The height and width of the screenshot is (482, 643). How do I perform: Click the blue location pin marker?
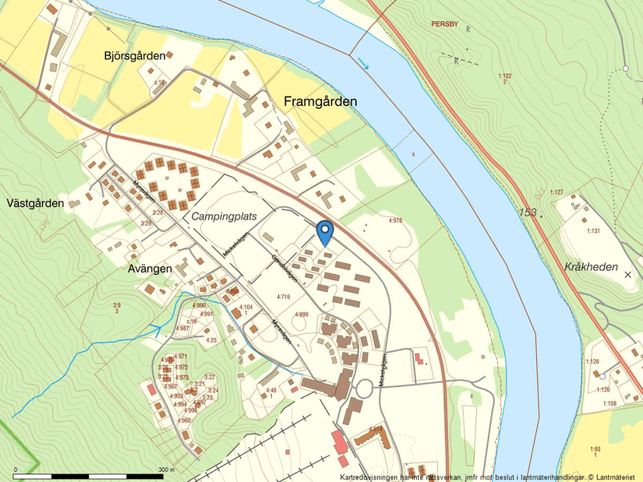[x=325, y=232]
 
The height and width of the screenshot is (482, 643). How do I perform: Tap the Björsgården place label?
[x=135, y=56]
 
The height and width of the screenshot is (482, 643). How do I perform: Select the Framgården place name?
[x=320, y=102]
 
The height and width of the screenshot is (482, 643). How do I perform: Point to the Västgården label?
[x=35, y=203]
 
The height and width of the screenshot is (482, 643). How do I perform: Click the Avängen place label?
[x=150, y=269]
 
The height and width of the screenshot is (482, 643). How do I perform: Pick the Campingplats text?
[x=224, y=216]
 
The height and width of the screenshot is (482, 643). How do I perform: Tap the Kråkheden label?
[x=590, y=267]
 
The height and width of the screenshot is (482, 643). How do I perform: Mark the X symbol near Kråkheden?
[x=627, y=274]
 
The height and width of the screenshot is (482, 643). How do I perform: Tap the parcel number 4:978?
[x=396, y=220]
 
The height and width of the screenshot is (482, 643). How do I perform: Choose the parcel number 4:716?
[x=283, y=297]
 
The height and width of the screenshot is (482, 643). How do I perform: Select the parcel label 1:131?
[x=594, y=230]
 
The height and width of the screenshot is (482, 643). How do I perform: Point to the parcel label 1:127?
[x=556, y=192]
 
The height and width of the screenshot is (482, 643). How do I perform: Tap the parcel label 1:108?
[x=609, y=403]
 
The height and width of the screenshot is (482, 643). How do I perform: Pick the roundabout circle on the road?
[x=365, y=386]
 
